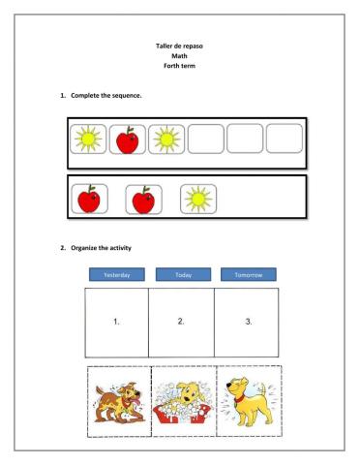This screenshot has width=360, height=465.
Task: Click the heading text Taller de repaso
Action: [179, 46]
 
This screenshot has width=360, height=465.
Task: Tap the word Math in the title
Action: [179, 55]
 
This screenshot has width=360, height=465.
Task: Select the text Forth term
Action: [179, 65]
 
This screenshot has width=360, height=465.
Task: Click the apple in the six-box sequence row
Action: [127, 139]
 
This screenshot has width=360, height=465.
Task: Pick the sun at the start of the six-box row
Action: [88, 139]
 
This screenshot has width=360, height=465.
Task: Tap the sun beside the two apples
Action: [198, 200]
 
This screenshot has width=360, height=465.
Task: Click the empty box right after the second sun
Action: [205, 139]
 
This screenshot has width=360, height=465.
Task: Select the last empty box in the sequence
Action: [284, 139]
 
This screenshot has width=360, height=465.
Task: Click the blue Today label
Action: [183, 275]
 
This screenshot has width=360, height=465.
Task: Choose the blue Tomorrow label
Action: [248, 275]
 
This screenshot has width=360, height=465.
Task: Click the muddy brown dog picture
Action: [118, 401]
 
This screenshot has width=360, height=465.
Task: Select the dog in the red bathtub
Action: [183, 401]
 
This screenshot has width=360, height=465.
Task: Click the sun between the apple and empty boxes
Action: [166, 139]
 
